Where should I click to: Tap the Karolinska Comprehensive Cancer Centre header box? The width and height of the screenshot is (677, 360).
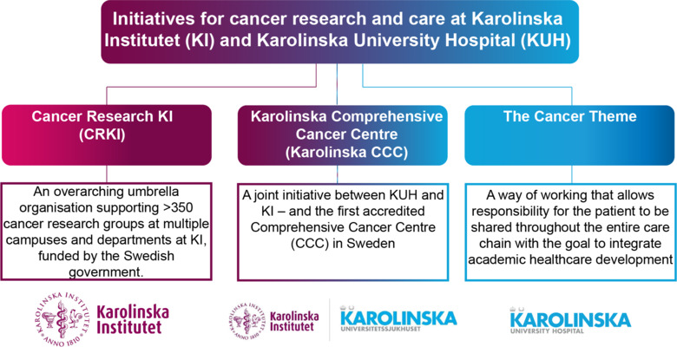point(339,135)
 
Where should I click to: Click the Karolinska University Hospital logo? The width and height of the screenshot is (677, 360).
point(569,322)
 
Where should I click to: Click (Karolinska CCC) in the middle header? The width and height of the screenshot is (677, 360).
point(339,152)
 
